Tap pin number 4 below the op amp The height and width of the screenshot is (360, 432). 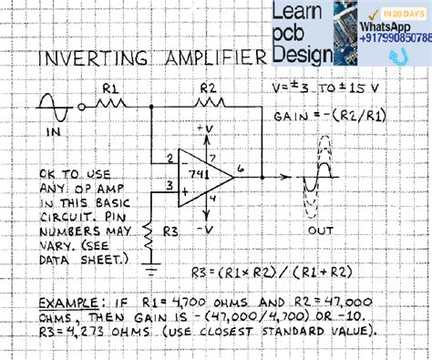[x=211, y=196]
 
